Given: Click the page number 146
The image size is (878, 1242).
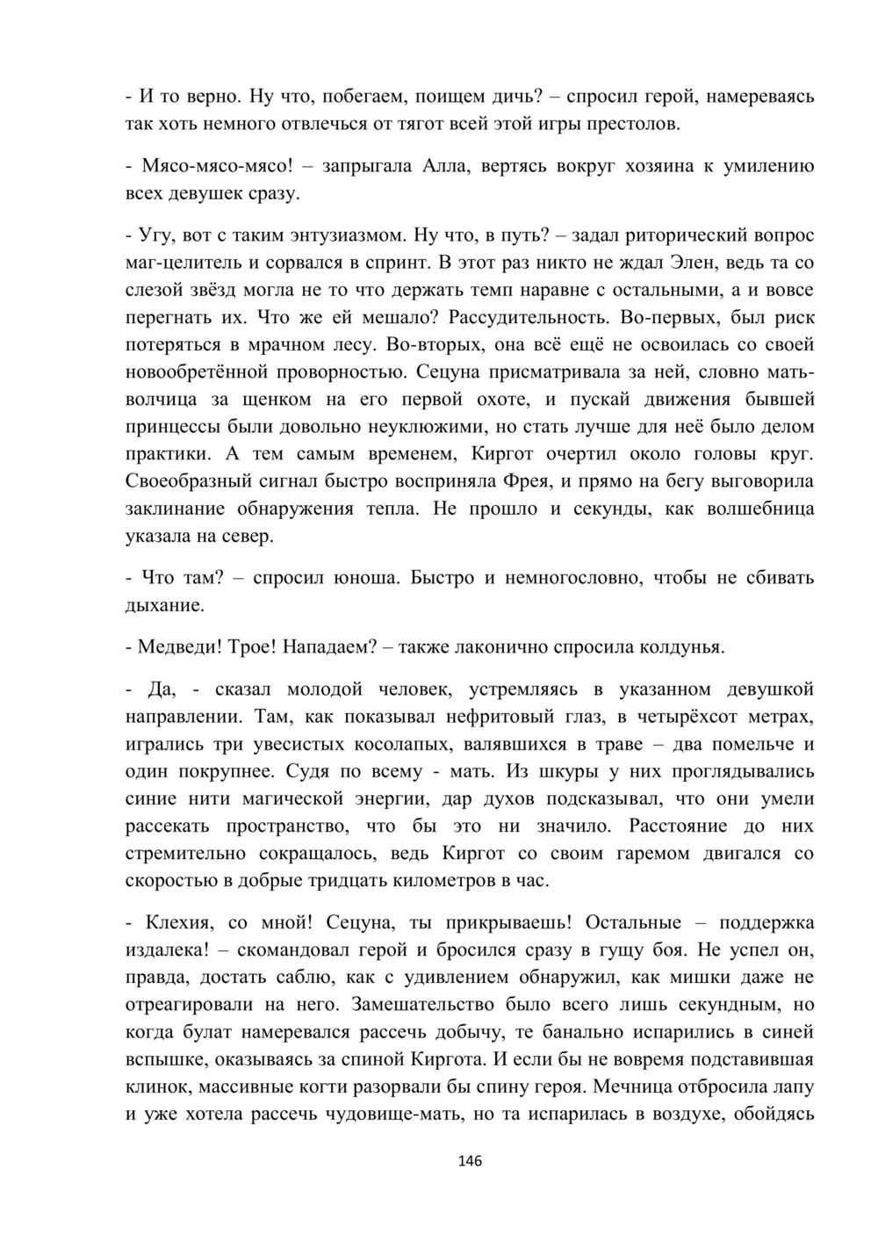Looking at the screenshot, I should click(471, 1160).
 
